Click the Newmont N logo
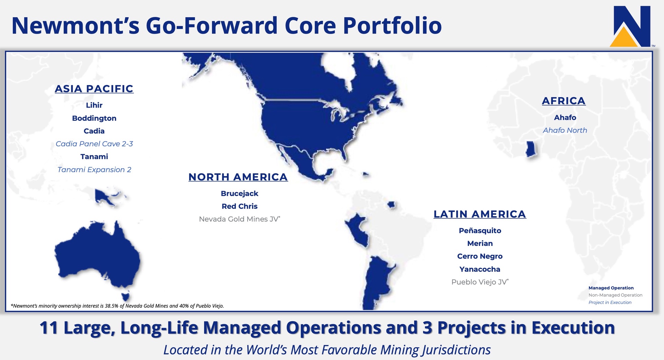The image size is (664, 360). (630, 26)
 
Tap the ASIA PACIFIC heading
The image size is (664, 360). (94, 89)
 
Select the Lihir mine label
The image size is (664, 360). (94, 105)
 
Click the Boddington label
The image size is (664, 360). (94, 118)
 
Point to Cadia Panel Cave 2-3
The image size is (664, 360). (94, 144)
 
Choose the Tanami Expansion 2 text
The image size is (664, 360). (94, 170)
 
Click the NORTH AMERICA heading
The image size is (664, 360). (238, 177)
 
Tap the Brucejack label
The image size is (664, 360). (240, 194)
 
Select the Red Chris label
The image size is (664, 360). (240, 206)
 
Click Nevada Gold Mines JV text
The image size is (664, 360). (239, 219)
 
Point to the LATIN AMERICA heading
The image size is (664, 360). (480, 214)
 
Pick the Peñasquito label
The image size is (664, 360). (480, 231)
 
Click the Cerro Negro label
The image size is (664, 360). (480, 256)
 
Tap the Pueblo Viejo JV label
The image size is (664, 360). (480, 282)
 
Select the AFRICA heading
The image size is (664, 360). (564, 101)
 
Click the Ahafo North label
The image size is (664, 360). (565, 130)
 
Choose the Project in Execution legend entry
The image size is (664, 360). (610, 303)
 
